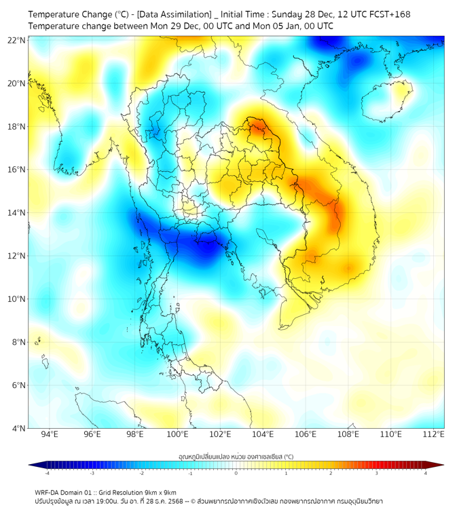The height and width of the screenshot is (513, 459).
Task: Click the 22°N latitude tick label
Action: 17,40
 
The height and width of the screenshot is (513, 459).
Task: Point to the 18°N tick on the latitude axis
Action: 17,127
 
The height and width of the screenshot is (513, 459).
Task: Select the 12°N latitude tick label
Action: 17,256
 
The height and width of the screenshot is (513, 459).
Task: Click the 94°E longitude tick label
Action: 50,435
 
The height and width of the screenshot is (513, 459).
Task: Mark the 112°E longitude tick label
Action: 433,435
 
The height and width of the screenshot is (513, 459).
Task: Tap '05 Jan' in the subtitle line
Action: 303,26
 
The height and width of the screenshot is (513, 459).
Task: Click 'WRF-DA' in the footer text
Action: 48,492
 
